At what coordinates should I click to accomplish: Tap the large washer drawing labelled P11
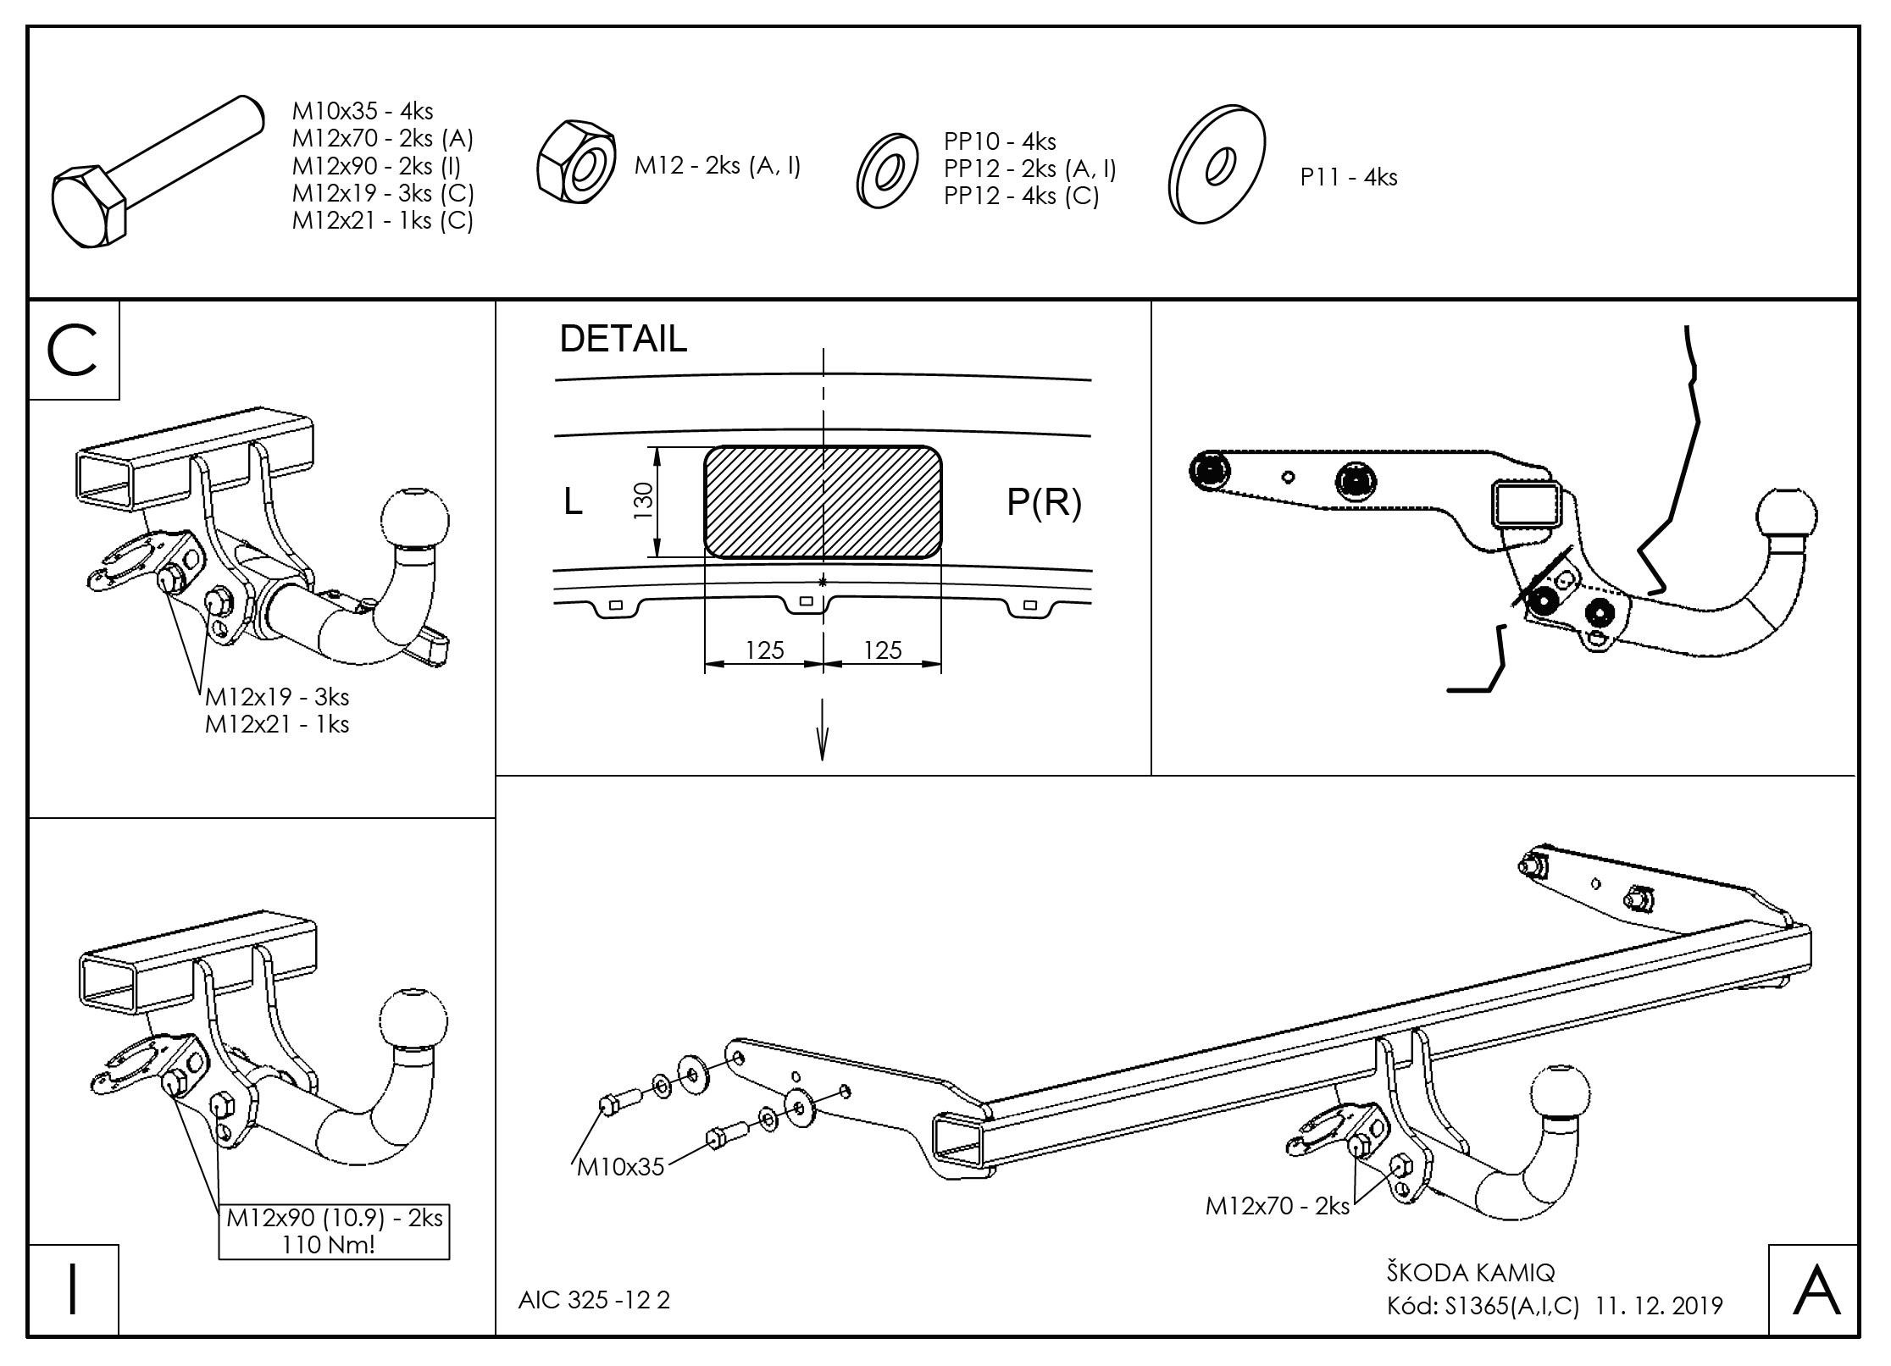point(1217,166)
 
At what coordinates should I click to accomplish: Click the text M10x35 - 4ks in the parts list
point(363,111)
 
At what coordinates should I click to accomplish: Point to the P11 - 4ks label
point(1349,178)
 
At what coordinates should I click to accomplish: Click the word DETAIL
point(623,340)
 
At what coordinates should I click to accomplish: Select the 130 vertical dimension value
point(643,500)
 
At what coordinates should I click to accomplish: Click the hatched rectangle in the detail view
point(822,502)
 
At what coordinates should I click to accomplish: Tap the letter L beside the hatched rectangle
point(573,503)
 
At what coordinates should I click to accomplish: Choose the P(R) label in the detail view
point(1044,503)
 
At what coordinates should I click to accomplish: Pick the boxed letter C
point(73,351)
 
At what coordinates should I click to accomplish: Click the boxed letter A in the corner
point(1816,1291)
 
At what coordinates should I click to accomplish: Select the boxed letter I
point(73,1291)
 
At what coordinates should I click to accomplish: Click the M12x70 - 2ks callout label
point(1277,1206)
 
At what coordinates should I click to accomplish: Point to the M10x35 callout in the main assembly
point(620,1168)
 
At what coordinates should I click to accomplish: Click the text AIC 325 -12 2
point(594,1300)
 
